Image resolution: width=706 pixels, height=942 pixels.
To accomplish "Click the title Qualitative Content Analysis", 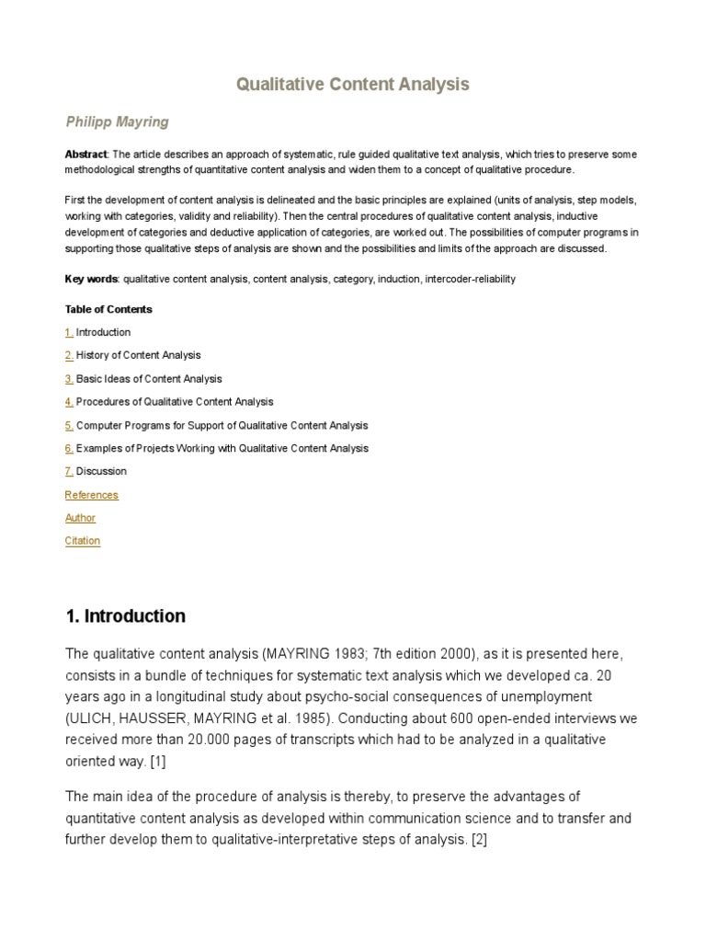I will (x=353, y=85).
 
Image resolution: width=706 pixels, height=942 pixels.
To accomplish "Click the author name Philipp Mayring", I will (x=117, y=122).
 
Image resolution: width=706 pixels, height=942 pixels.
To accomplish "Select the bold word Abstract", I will (x=85, y=155).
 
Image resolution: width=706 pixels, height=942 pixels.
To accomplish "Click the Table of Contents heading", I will (x=108, y=309).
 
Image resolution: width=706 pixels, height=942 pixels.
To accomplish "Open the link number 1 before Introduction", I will (x=69, y=332).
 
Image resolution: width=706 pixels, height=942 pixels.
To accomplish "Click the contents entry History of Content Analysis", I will (x=138, y=355).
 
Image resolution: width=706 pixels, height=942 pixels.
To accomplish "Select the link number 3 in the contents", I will (x=69, y=379).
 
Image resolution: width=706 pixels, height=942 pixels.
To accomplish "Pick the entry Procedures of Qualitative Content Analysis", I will (x=175, y=402).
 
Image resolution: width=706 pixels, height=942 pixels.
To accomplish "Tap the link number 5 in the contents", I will (x=69, y=426).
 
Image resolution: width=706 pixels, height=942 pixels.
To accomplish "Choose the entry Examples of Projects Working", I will (x=222, y=449).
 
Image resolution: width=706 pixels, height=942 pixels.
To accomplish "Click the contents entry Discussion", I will (x=101, y=472).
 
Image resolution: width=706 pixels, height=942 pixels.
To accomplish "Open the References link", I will (x=92, y=495).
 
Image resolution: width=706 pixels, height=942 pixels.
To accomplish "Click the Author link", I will (x=80, y=518).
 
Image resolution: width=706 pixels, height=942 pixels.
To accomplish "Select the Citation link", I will (x=83, y=541).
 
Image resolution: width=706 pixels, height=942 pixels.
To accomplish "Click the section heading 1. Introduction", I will (x=125, y=616).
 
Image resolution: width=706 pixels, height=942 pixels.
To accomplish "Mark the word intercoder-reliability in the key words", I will (x=470, y=279).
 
